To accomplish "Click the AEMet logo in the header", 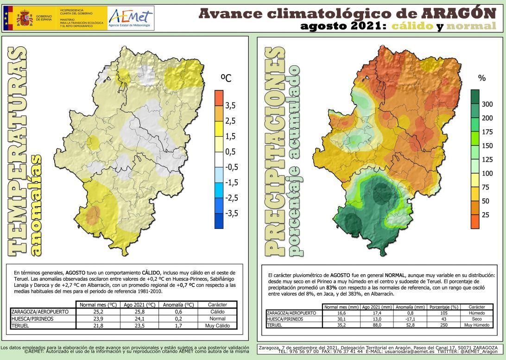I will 130,18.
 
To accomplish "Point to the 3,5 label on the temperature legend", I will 230,106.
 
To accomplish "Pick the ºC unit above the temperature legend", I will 225,79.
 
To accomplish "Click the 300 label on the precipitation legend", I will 487,104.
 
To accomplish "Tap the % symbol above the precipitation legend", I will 481,78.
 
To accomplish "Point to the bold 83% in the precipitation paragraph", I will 367,288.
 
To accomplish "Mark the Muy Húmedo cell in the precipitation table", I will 477,325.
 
